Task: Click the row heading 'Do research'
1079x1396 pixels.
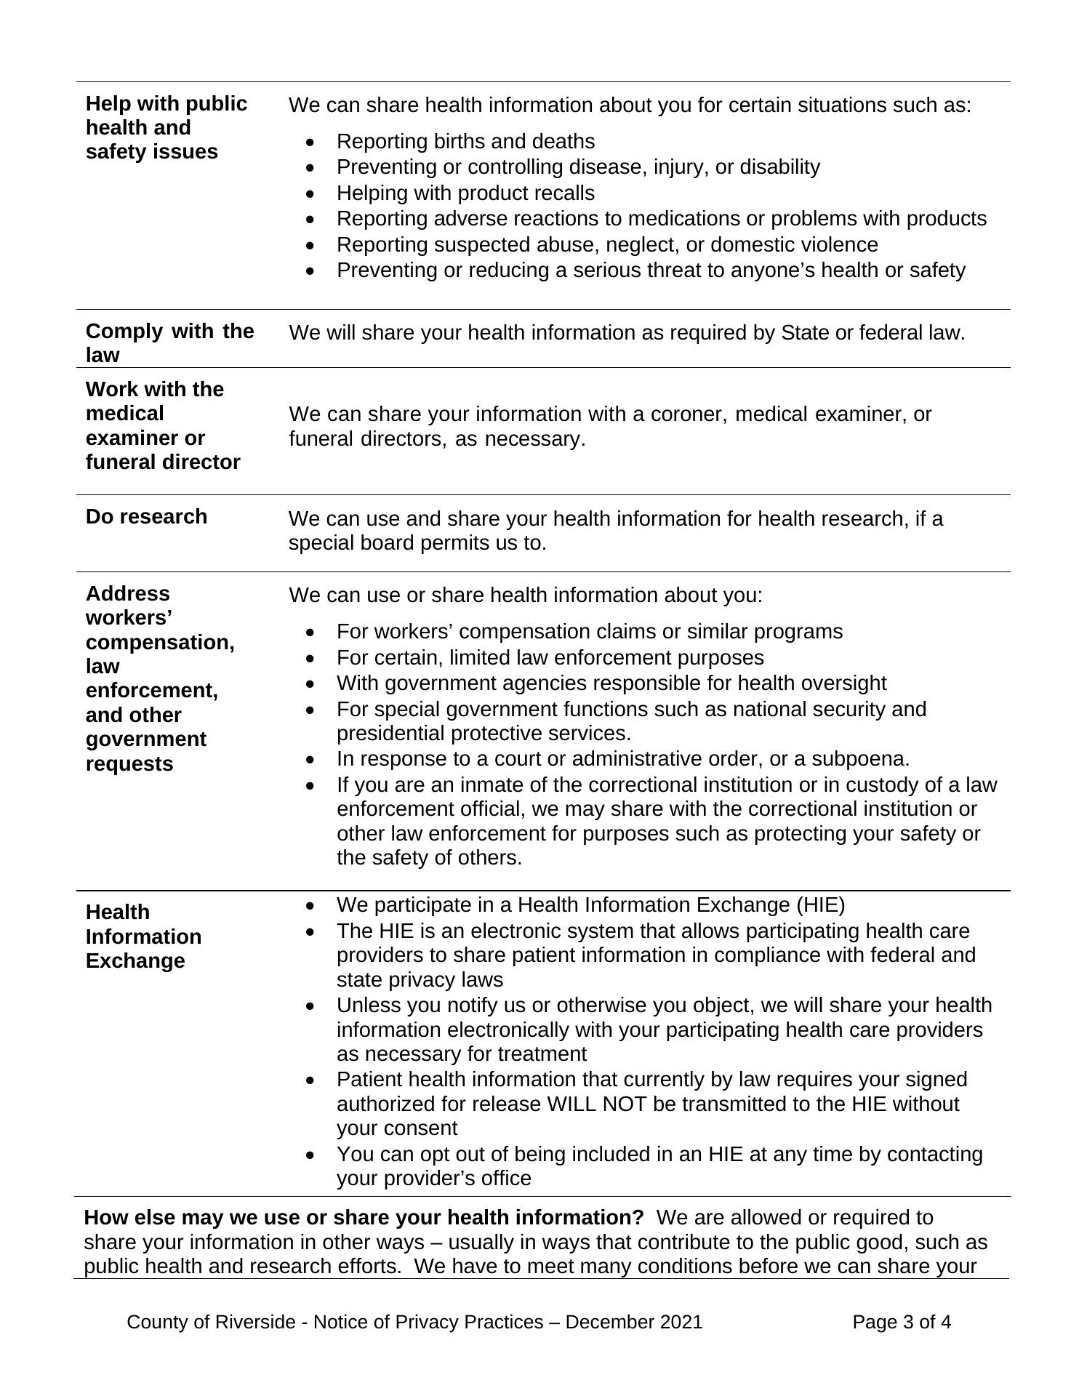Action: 146,516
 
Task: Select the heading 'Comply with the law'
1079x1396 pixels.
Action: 169,342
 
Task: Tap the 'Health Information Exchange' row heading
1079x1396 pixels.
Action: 143,936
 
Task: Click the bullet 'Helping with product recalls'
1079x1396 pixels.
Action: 465,193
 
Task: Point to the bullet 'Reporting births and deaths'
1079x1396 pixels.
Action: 465,141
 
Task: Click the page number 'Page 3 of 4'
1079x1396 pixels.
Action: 901,1321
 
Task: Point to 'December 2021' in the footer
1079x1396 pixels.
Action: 633,1321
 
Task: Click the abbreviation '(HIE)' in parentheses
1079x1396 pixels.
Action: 820,904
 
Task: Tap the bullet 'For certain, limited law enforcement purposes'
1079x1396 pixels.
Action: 550,657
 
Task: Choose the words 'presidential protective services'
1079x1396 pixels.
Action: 483,732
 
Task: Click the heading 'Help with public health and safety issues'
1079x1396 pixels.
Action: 167,127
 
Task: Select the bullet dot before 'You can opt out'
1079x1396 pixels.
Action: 311,1155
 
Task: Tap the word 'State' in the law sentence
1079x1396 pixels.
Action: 804,332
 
